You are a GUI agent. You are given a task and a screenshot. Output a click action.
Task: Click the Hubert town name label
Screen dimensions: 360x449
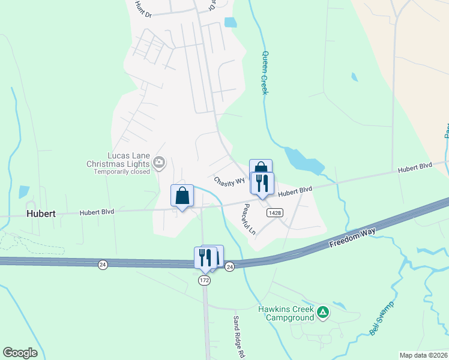[x=41, y=213]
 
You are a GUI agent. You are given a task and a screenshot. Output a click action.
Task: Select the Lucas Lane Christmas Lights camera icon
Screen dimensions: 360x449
[x=159, y=161]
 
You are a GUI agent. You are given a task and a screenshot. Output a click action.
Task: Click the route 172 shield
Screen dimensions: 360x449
[x=205, y=280]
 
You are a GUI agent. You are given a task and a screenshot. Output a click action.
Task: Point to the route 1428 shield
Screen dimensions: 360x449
[x=276, y=212]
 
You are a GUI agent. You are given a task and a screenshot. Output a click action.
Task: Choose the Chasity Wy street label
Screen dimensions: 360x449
[x=229, y=180]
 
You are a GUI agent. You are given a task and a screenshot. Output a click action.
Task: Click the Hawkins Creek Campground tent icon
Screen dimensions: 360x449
[x=323, y=312]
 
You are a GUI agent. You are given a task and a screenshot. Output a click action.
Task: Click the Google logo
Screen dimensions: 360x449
[x=20, y=353]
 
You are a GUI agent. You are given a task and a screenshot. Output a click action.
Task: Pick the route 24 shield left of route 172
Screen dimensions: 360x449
[x=103, y=265]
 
